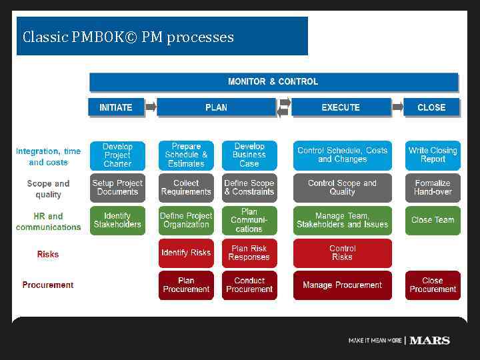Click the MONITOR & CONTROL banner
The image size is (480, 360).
coord(273,82)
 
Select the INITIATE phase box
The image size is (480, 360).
coord(116,107)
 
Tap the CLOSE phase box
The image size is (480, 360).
coord(431,107)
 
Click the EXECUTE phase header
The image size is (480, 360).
coord(341,107)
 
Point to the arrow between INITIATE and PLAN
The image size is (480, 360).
coord(151,107)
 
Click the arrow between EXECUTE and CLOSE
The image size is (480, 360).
coord(398,107)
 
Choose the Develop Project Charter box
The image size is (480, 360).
coord(117,155)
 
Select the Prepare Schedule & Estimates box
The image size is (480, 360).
coord(186,155)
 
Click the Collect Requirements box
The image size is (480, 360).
coord(186,187)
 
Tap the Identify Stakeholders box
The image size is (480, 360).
coord(117,220)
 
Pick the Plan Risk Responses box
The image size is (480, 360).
coord(249,253)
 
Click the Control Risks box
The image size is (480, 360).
coord(342,253)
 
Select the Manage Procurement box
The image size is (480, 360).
coord(342,285)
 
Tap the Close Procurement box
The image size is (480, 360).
coord(433,285)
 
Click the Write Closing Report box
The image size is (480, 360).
coord(433,155)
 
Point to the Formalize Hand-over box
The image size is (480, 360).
coord(433,187)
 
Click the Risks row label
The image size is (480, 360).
coord(48,254)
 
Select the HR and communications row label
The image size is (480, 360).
coord(48,221)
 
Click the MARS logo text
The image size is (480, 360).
coord(429,341)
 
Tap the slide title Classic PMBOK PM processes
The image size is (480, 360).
coord(128,37)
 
